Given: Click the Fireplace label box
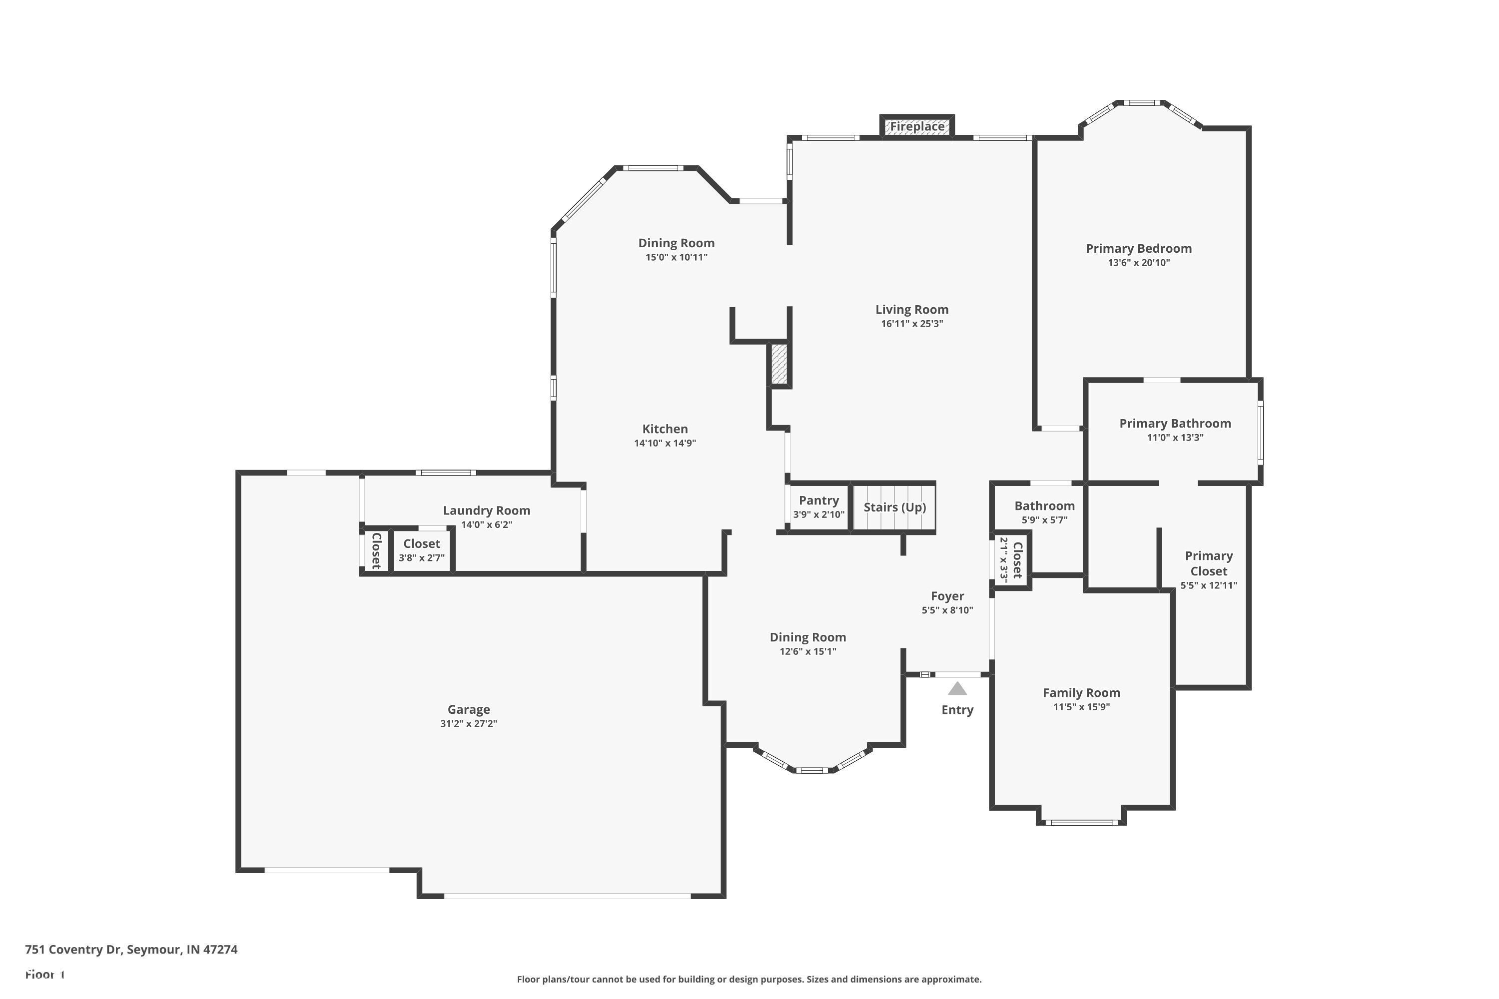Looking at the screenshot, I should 916,126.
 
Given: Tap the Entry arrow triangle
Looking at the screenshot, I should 957,689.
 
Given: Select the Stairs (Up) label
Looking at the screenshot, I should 894,507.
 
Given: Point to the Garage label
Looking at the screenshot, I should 469,709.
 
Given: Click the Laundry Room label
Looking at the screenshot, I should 486,510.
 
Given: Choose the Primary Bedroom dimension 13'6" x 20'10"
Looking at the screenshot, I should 1138,263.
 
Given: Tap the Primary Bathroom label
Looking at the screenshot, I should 1175,424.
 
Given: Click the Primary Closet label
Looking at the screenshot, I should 1208,563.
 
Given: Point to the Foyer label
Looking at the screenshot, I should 947,596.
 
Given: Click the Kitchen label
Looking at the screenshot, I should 665,429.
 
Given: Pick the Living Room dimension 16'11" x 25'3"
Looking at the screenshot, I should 911,324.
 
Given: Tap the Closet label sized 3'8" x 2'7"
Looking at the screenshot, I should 421,543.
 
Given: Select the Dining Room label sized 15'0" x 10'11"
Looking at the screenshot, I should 676,243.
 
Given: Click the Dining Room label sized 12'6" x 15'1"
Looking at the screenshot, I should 807,637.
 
